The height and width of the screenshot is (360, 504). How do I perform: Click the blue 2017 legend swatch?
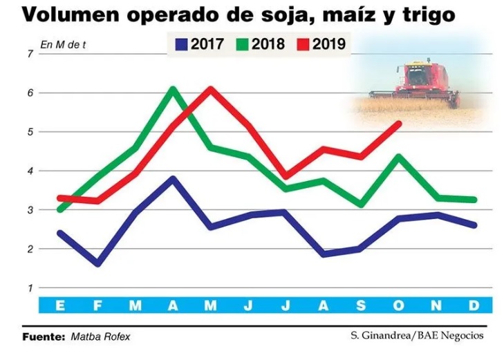point(182,46)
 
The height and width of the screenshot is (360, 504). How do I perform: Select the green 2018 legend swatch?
point(242,46)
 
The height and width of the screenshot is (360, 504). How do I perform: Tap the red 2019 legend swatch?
point(302,46)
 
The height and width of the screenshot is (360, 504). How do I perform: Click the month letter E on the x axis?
point(60,305)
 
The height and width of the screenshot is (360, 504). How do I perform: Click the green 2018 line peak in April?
point(173,89)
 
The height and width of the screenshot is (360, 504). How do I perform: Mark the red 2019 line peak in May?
point(211,89)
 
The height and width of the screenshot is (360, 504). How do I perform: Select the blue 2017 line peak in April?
point(173,179)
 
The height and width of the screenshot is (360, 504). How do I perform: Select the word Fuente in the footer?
point(44,337)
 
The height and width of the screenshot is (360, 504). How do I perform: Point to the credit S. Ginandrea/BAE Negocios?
point(417,336)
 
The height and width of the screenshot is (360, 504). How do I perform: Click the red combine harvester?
point(418,83)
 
